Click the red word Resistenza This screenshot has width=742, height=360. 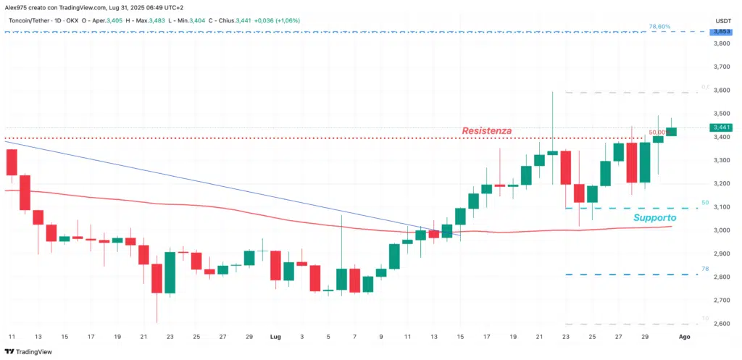coord(487,131)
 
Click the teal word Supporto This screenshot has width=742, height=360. coord(654,217)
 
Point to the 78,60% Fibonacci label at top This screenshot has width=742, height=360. coord(659,26)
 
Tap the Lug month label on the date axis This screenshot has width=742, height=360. coord(275,337)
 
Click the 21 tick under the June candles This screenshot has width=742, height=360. coord(143,337)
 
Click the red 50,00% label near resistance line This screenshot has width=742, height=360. coord(657,133)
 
